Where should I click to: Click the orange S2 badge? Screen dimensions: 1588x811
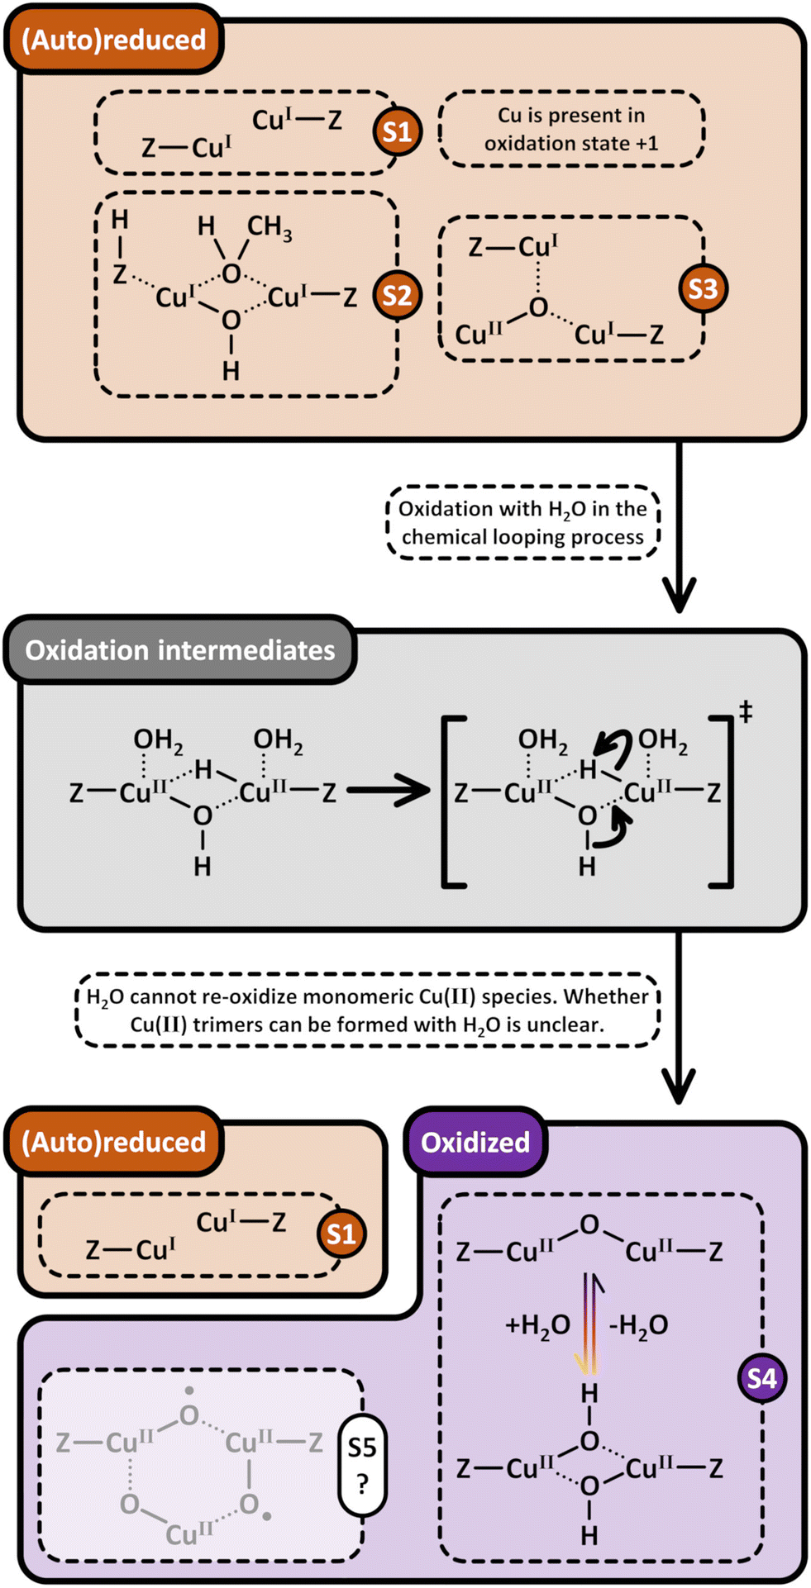[397, 296]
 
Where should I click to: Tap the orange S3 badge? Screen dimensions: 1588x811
[703, 288]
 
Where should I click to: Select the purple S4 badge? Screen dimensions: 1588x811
[761, 1377]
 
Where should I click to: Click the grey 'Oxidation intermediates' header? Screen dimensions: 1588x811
[179, 650]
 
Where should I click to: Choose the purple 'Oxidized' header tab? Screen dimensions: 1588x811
[475, 1142]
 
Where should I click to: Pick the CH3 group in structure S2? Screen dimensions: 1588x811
[270, 226]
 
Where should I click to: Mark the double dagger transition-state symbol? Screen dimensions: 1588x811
[746, 711]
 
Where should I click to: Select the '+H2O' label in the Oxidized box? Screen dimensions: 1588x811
[537, 1325]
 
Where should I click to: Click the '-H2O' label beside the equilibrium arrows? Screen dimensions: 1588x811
[638, 1325]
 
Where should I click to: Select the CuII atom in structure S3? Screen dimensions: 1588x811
[479, 334]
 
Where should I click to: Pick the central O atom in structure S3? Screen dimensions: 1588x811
[538, 307]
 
